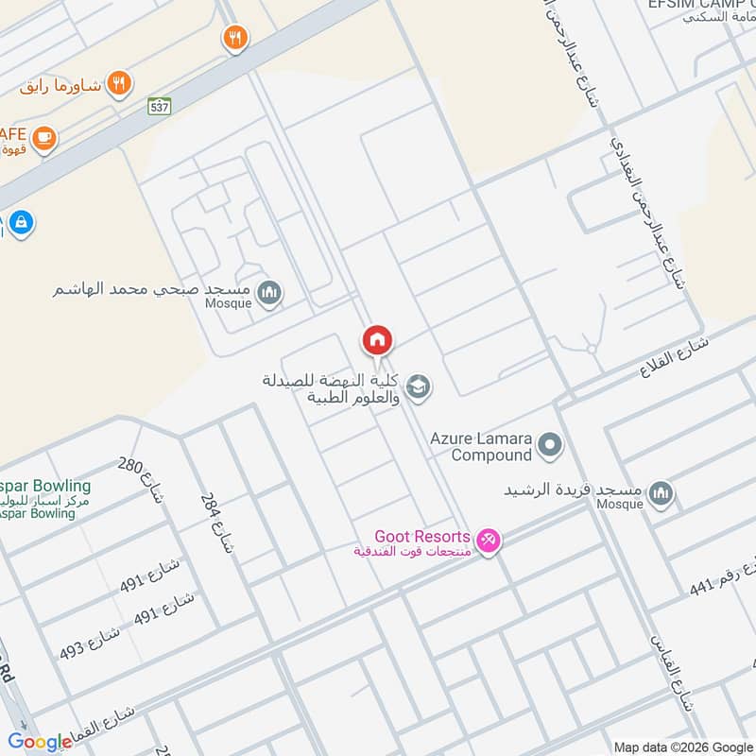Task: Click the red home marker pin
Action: [377, 339]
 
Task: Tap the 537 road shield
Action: [159, 107]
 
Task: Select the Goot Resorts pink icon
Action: [488, 541]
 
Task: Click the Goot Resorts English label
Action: [421, 537]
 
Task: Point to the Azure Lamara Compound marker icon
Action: [549, 445]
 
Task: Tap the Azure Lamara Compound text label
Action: [480, 447]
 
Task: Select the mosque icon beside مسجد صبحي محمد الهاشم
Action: [270, 293]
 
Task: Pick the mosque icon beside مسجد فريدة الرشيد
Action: [661, 492]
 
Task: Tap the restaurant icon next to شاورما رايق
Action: [118, 83]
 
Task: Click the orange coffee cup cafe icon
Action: [43, 139]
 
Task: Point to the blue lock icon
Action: [21, 223]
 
